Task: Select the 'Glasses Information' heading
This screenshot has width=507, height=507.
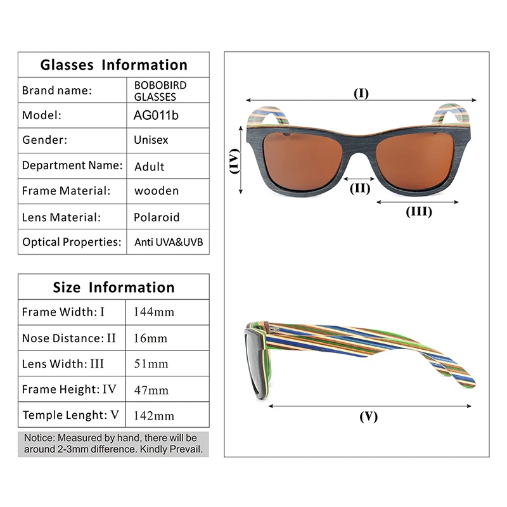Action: (x=113, y=65)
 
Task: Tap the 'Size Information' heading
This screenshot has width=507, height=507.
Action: (x=113, y=287)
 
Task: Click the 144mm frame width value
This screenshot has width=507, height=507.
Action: (x=153, y=312)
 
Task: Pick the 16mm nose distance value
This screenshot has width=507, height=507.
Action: (x=150, y=338)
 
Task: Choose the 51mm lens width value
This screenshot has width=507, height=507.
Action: (x=151, y=364)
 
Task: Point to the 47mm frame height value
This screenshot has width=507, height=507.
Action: (x=151, y=390)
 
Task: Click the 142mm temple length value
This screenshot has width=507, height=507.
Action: (x=153, y=416)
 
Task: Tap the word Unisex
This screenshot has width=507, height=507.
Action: (x=151, y=140)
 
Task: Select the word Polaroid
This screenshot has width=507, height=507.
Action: (x=157, y=217)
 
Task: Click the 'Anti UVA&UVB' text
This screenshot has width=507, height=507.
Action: (x=169, y=242)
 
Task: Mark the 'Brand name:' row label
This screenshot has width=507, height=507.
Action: (x=57, y=90)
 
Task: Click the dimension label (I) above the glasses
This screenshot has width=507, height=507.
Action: (x=361, y=94)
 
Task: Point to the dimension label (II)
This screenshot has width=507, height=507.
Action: (x=360, y=188)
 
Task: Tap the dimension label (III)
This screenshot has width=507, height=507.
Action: (x=418, y=212)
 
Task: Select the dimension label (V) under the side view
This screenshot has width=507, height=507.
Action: (x=368, y=416)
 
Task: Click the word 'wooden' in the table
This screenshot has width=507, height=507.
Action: (x=157, y=191)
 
